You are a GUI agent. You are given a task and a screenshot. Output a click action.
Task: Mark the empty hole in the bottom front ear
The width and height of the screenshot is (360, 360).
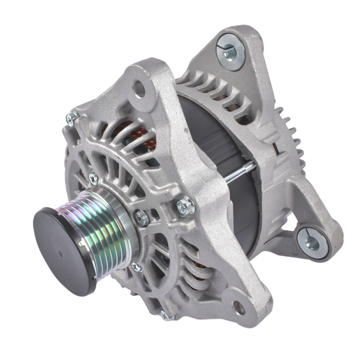click(239, 308)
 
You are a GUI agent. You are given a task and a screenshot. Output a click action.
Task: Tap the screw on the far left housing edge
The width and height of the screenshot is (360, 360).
click(71, 119)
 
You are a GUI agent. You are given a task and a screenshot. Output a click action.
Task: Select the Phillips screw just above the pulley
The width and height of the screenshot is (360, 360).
click(94, 178)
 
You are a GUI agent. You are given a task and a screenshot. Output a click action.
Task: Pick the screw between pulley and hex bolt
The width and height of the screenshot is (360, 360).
click(142, 218)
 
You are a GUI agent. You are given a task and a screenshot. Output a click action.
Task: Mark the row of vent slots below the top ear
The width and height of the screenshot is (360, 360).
click(216, 90)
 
